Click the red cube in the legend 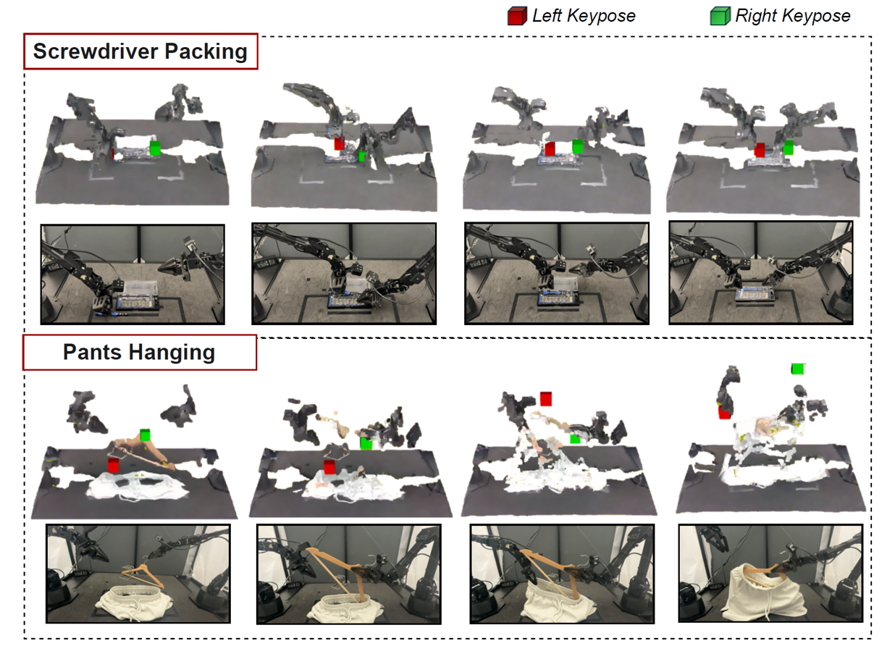[x=517, y=16]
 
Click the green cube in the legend [x=721, y=16]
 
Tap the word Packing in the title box [x=206, y=52]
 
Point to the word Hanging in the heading [x=172, y=353]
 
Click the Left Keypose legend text [x=584, y=16]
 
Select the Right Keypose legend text [x=793, y=16]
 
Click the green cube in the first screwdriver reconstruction [x=156, y=148]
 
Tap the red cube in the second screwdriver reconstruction [x=339, y=143]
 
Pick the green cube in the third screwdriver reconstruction [x=578, y=146]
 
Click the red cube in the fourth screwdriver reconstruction [x=760, y=150]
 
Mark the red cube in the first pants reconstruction [x=114, y=465]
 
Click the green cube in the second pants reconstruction [x=366, y=442]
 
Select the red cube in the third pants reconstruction [x=546, y=398]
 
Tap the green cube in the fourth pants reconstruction [x=797, y=369]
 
